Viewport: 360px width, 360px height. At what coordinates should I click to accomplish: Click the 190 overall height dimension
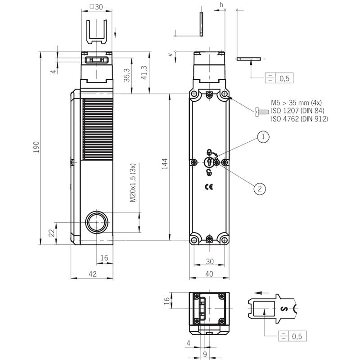coord(36,147)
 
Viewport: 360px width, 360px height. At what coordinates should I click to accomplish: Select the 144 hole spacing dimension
coord(165,164)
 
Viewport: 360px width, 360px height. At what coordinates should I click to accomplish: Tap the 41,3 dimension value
coord(144,72)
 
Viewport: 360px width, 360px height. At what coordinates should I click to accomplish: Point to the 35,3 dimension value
coord(127,75)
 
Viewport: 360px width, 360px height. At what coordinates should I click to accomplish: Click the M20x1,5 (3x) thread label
coord(133,183)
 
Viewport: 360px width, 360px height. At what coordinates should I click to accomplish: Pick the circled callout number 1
coord(263,137)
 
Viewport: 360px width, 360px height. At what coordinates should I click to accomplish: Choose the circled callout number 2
coord(260,189)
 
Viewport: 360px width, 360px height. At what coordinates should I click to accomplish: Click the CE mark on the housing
coord(209,187)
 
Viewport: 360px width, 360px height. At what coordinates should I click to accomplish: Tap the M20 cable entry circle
coord(97,222)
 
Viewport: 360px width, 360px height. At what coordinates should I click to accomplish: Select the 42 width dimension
coord(93,274)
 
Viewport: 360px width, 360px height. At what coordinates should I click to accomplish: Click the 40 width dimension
coord(209,274)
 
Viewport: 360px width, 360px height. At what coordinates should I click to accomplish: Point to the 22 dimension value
coord(52,233)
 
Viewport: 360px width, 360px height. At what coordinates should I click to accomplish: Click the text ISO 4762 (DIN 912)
coord(299,119)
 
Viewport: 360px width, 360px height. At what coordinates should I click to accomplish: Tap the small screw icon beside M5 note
coord(262,112)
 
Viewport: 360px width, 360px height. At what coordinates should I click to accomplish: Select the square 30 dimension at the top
coord(96,7)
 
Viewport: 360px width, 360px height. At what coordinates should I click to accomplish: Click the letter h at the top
coord(221,5)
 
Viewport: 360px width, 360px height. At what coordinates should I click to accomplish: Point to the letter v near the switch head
coord(171,54)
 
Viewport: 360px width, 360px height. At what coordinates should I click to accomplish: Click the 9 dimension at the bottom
coord(205,354)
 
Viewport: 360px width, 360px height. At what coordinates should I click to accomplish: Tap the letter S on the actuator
coord(284,309)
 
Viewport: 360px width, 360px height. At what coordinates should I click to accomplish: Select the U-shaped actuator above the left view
coord(97,32)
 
